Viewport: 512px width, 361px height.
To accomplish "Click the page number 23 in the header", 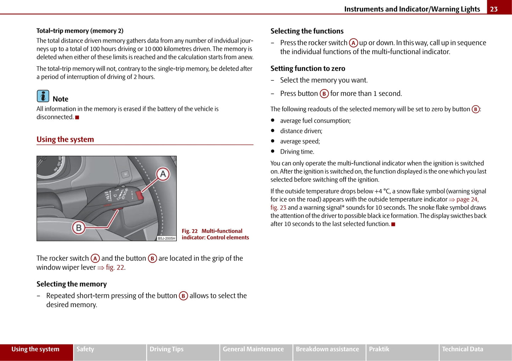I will tap(494, 9).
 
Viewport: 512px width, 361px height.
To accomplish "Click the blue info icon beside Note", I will tap(43, 96).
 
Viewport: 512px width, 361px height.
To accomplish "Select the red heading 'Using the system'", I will tap(65, 140).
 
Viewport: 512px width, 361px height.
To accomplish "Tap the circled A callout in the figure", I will tap(163, 174).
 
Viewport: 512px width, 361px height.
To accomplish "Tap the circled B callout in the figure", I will tap(79, 227).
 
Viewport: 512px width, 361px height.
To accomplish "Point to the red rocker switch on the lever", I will tap(139, 194).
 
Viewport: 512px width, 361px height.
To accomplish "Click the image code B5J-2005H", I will tap(167, 238).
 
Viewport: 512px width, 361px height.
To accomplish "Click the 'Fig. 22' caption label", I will tap(190, 231).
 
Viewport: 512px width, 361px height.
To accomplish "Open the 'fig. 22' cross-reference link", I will tap(115, 267).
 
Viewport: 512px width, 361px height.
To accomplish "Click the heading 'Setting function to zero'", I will tap(308, 68).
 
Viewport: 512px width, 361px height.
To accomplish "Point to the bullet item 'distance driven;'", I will tap(301, 131).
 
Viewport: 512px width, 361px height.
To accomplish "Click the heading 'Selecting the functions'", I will tap(307, 31).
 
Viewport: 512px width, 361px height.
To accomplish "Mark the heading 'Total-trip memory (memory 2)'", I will tap(80, 31).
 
